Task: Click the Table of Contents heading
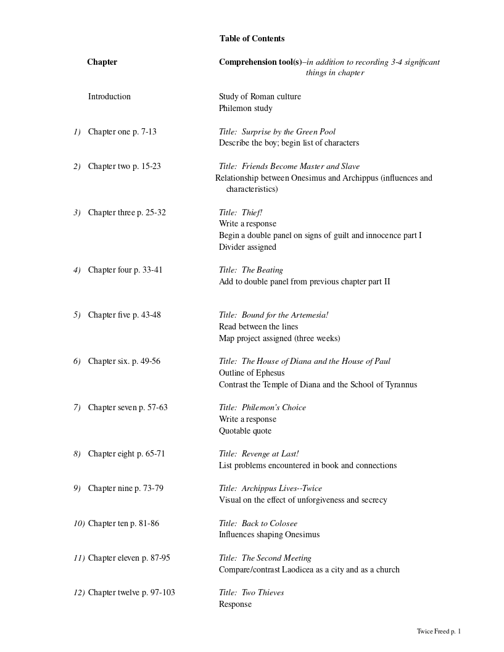pos(252,38)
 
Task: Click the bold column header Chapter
pos(102,62)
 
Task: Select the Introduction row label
pos(109,96)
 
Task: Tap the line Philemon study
pos(246,108)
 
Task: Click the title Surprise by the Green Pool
pos(288,131)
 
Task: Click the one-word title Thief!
pos(252,212)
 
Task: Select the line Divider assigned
pos(247,247)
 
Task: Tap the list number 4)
pos(77,270)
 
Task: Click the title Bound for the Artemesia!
pos(284,315)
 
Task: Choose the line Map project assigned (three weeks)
pos(279,338)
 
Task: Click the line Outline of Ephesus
pos(252,373)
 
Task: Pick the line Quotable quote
pos(245,431)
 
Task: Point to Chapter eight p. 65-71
pos(126,453)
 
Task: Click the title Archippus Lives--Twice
pos(281,488)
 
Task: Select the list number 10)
pos(79,523)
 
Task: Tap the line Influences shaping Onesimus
pos(269,534)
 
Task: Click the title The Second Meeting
pos(276,558)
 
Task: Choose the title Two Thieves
pos(263,592)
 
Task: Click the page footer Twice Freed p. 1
pos(439,631)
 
